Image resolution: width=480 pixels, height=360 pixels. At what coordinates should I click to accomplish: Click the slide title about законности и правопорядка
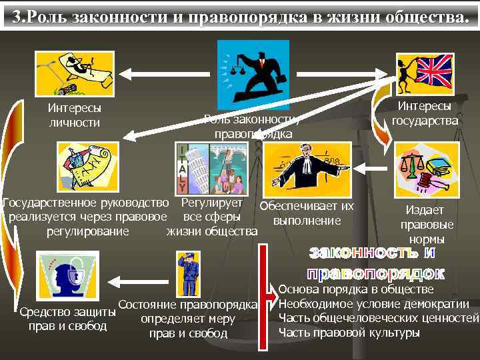click(240, 15)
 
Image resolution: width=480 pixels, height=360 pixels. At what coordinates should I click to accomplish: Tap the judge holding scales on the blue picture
click(253, 69)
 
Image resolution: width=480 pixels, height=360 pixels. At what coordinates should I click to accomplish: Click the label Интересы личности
click(74, 115)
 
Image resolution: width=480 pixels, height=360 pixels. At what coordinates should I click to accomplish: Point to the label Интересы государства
click(425, 113)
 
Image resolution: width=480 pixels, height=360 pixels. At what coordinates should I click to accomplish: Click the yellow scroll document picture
click(86, 166)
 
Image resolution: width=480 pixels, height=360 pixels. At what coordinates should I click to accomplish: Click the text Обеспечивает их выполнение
click(307, 213)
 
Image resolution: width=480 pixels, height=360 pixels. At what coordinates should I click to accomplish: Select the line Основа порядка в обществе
click(356, 290)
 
